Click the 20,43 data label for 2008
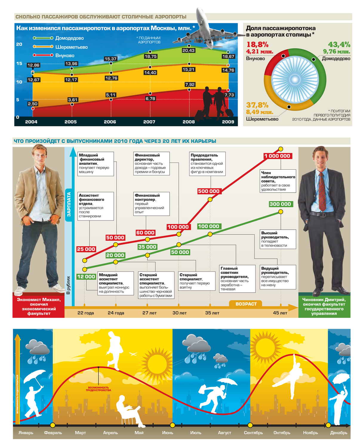(188, 50)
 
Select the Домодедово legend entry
(69, 38)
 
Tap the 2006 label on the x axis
(110, 122)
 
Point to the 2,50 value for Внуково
(33, 104)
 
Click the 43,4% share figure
(339, 45)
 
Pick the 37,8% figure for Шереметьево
(257, 105)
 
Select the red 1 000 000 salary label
(277, 156)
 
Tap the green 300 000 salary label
(280, 204)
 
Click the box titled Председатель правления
(207, 164)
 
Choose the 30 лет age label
(179, 313)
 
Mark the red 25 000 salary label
(86, 249)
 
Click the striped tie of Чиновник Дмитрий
(322, 191)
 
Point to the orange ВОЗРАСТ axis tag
(246, 304)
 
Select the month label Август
(224, 433)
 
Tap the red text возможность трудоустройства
(98, 389)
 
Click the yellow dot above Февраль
(53, 425)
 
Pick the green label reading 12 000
(86, 277)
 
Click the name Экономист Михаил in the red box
(39, 300)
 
